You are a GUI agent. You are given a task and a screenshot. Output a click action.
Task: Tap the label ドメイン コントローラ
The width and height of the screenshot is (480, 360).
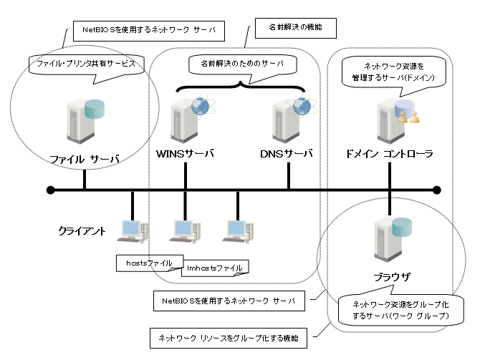(x=389, y=154)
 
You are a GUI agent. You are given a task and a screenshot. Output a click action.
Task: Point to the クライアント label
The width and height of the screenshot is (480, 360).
(x=82, y=231)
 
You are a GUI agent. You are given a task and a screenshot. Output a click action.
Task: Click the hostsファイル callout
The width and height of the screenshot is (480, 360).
(x=145, y=263)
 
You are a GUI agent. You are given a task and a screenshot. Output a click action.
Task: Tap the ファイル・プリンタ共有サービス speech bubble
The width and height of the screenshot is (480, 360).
(x=85, y=64)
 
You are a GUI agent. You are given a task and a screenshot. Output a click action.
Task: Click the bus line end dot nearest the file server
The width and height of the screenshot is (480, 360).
(x=50, y=190)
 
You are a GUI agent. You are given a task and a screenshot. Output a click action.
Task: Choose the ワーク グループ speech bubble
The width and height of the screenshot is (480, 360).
(x=396, y=309)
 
